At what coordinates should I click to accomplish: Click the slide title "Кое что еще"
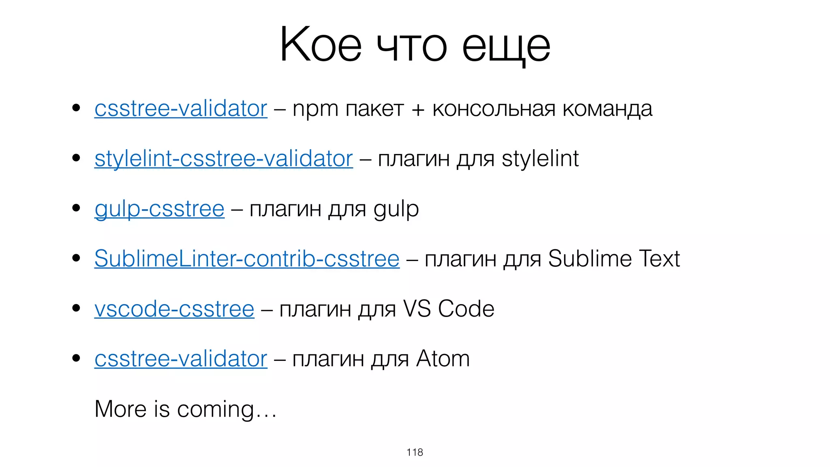415,45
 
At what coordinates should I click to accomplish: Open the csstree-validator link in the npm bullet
181,109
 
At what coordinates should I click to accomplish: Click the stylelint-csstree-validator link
223,159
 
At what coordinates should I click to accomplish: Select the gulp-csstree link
159,209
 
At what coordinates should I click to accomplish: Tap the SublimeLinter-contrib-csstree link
247,259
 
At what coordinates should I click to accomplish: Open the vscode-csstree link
174,309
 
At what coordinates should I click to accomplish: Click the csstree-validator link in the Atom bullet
181,359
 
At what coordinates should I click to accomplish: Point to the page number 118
415,452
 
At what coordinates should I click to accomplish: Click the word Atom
443,359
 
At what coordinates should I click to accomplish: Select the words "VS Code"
449,309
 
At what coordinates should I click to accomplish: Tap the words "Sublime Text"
614,259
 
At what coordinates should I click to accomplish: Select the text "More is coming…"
186,409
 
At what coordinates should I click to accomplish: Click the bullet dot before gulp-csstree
76,208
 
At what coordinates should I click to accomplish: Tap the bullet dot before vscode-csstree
76,308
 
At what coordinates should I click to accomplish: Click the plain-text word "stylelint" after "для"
540,159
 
